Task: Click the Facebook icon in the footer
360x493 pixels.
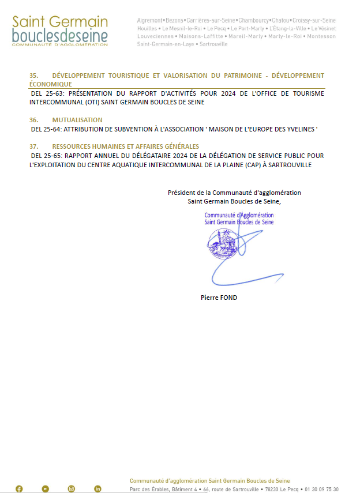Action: tap(19, 489)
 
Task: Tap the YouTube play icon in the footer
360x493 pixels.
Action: tap(46, 489)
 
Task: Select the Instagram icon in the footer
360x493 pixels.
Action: tap(72, 489)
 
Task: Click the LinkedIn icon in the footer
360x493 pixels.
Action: tap(97, 489)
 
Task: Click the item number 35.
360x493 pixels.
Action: tap(33, 76)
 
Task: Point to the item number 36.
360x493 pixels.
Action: tap(33, 120)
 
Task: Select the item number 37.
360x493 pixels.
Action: tap(33, 146)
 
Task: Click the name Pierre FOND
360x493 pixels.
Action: tap(219, 298)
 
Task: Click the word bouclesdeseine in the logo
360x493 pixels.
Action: tap(59, 36)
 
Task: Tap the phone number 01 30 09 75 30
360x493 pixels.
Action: tap(321, 489)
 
